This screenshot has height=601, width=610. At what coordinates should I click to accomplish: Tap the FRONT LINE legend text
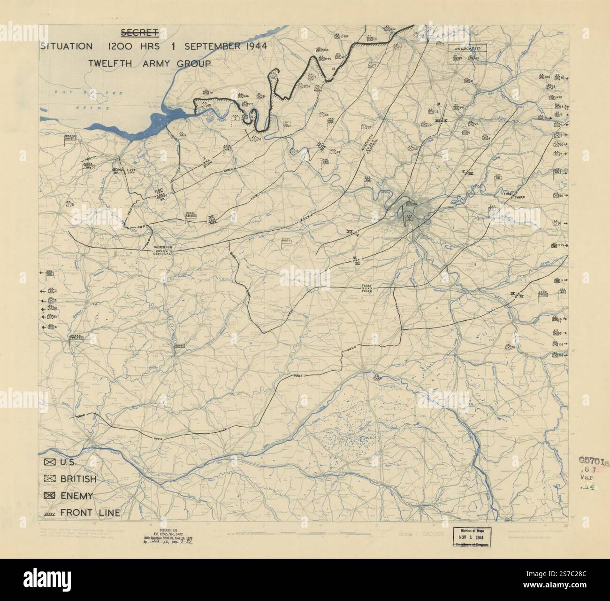(90, 513)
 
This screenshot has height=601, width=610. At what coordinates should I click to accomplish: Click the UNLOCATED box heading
(467, 48)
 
